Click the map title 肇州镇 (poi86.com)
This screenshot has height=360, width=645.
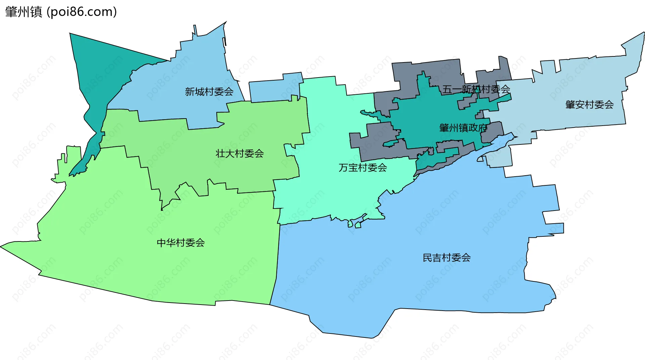click(61, 12)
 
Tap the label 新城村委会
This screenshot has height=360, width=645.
click(209, 92)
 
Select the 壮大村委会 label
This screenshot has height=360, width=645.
click(240, 153)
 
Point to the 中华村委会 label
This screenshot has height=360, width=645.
click(181, 242)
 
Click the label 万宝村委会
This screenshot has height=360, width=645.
click(363, 168)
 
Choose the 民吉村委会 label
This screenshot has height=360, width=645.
click(446, 258)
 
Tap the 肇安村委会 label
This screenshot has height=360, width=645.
click(589, 105)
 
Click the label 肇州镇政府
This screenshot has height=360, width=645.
click(463, 128)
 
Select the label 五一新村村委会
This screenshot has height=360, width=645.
click(476, 89)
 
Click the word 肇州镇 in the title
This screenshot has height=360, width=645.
click(24, 12)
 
